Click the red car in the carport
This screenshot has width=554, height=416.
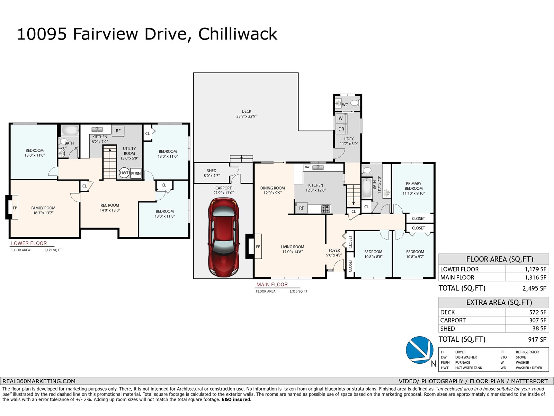[x=223, y=237]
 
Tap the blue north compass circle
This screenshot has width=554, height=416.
[x=419, y=350]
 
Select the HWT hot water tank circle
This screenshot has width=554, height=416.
[x=124, y=173]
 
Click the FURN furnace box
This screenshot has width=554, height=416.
[x=136, y=174]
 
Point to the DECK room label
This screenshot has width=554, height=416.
[x=246, y=111]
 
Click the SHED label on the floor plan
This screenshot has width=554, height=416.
[x=212, y=171]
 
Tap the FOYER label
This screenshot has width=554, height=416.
[x=334, y=250]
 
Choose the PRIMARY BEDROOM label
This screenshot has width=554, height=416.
[x=414, y=186]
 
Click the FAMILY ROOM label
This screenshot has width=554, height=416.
[x=43, y=208]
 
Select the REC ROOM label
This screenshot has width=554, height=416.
[x=110, y=205]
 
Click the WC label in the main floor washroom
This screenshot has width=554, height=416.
[x=345, y=105]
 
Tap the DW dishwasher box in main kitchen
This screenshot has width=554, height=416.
[x=307, y=167]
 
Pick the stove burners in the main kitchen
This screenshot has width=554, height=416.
[x=325, y=209]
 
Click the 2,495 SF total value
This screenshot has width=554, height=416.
[x=534, y=288]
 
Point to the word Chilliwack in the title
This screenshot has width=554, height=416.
[x=238, y=34]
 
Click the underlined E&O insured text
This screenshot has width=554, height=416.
[x=236, y=400]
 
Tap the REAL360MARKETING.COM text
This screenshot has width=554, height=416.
[x=39, y=381]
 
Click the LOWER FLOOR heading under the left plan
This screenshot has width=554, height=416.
[x=29, y=243]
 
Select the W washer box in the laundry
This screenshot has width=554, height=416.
[x=341, y=118]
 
